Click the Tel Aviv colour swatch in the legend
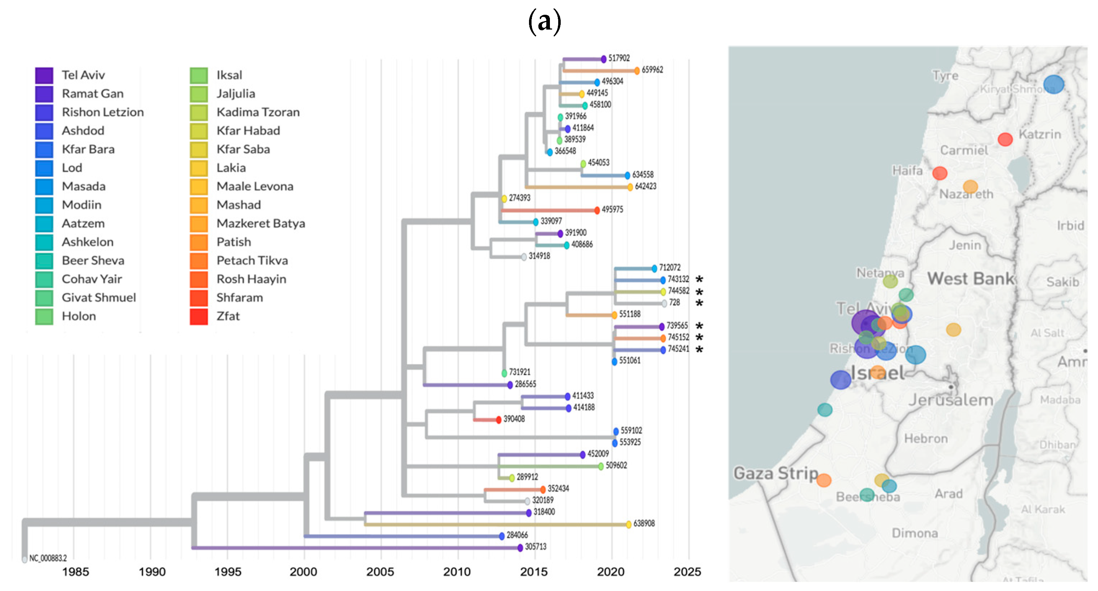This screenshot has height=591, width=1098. click(x=44, y=75)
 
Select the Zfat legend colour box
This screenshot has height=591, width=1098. click(x=199, y=316)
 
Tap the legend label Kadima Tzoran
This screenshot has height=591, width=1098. click(x=258, y=112)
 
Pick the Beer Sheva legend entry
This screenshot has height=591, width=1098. click(x=93, y=261)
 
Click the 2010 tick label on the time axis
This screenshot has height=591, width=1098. click(x=457, y=572)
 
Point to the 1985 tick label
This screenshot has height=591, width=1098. click(x=75, y=572)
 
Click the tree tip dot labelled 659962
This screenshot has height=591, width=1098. click(x=637, y=71)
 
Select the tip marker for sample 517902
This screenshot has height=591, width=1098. click(x=604, y=59)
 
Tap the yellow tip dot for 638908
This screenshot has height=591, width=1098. click(x=629, y=524)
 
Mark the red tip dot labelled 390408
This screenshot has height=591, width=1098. click(x=499, y=420)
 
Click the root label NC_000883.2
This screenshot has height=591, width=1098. click(x=48, y=558)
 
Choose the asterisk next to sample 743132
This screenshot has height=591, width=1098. click(x=699, y=279)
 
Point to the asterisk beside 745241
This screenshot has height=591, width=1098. click(x=699, y=350)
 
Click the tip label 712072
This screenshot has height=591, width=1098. click(x=670, y=268)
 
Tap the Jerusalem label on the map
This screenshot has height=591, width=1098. click(x=951, y=400)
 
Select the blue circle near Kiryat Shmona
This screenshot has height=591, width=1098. click(x=1053, y=84)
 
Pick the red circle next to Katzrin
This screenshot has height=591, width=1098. click(x=1005, y=139)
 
